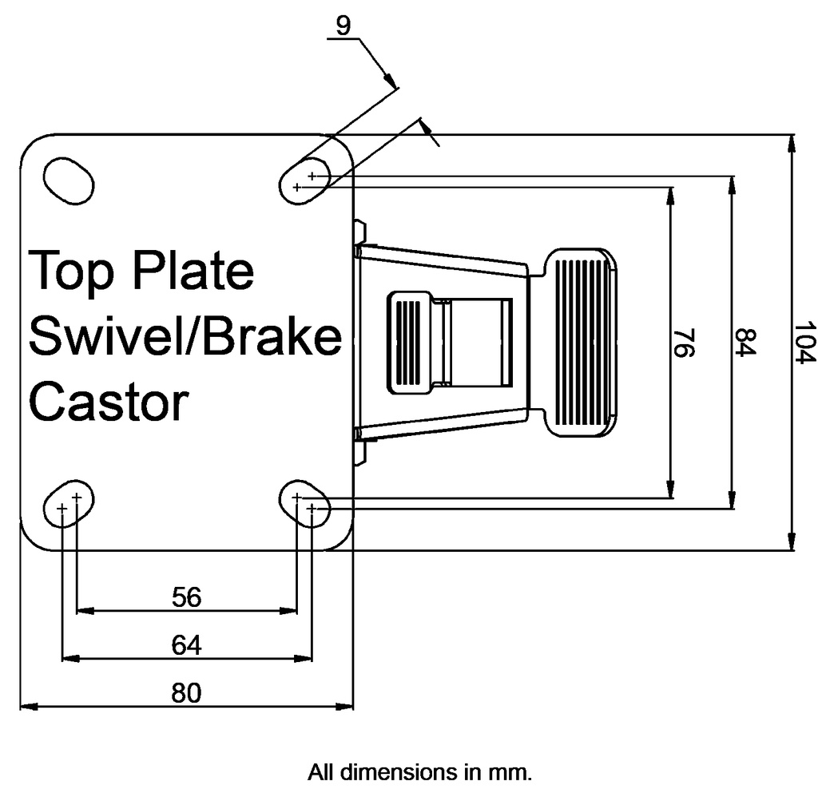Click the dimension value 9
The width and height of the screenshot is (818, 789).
(x=343, y=26)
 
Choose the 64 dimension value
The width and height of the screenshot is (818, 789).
(x=186, y=644)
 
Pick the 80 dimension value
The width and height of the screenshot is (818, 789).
(x=186, y=693)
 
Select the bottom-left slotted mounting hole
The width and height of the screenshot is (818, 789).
(x=69, y=504)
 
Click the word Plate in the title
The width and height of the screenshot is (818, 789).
(x=193, y=271)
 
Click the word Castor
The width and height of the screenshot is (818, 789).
(x=109, y=402)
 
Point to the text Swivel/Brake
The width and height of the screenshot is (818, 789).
(x=185, y=336)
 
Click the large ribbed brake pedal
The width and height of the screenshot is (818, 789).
(x=580, y=342)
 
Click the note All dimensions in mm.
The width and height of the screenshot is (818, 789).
(x=419, y=772)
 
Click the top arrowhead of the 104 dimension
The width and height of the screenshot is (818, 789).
(x=792, y=142)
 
